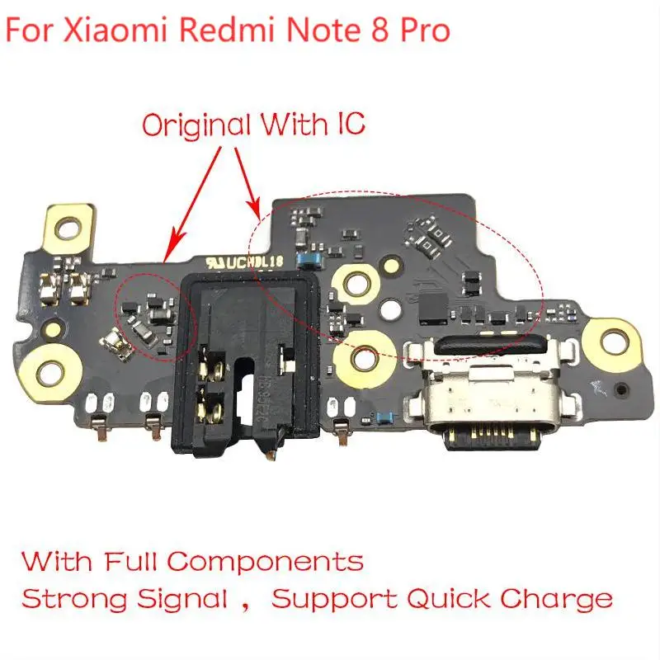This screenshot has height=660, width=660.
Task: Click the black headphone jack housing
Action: (243, 363)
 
